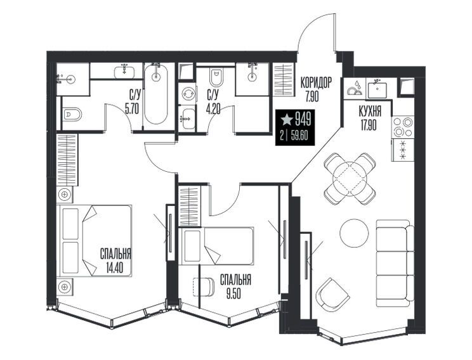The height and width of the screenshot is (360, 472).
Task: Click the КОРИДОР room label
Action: tap(317, 82)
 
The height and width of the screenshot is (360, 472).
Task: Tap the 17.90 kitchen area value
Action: tap(367, 124)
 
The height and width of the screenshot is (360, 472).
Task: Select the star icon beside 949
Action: tap(287, 120)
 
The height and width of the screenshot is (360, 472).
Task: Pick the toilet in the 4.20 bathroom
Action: tap(216, 77)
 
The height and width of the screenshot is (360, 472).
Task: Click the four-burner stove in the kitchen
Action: tap(403, 127)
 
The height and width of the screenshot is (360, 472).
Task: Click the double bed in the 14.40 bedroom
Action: tap(95, 241)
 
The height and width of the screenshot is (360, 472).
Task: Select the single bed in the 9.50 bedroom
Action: tap(216, 246)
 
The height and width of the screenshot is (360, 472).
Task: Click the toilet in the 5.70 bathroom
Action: tap(72, 114)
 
